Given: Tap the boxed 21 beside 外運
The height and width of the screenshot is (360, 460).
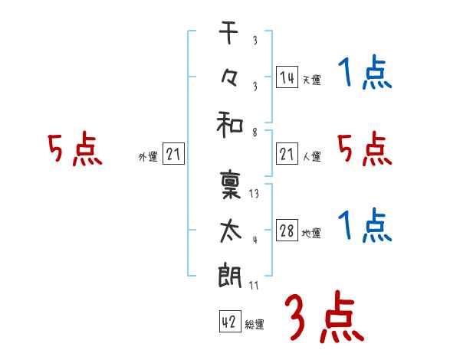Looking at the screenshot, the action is tap(174, 155).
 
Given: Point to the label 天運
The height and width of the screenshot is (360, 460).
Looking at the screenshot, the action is tap(311, 80).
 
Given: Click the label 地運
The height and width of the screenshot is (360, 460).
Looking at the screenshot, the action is tap(311, 234).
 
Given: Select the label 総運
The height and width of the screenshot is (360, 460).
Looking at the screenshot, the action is tap(255, 324).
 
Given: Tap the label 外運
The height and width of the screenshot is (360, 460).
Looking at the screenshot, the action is tap(148, 157).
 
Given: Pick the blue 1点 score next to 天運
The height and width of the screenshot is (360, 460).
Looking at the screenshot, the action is tap(364, 74).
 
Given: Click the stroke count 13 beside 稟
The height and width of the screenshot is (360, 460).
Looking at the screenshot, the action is tap(255, 194).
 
